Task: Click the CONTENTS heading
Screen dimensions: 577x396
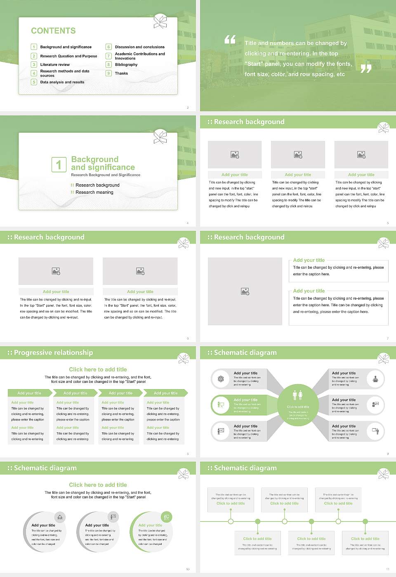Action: tap(53, 31)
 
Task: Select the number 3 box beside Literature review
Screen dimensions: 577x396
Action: tap(34, 65)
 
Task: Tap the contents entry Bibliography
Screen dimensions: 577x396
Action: tap(126, 65)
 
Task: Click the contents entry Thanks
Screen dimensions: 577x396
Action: tap(121, 73)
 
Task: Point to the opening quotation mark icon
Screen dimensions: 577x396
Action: tap(230, 40)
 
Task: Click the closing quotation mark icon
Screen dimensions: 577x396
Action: tap(366, 69)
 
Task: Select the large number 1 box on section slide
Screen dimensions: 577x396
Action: tap(59, 164)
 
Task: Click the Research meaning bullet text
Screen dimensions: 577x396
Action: tap(94, 192)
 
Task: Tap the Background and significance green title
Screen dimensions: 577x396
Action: tap(103, 163)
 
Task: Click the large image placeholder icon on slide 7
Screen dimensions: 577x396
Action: tap(245, 291)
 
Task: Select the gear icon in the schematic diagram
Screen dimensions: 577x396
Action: tap(221, 379)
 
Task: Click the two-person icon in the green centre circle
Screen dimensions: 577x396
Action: tap(298, 395)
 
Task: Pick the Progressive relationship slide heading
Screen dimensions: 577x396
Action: tap(53, 353)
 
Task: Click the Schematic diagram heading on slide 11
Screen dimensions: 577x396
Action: tap(245, 468)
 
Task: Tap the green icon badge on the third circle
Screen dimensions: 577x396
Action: tap(167, 517)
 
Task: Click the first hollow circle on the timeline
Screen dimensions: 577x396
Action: tap(231, 521)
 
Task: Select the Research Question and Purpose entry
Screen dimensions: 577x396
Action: tap(68, 56)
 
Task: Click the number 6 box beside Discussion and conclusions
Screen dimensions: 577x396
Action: tap(108, 47)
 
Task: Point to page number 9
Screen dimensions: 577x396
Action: tap(388, 454)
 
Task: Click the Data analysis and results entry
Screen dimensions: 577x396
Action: tap(62, 82)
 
